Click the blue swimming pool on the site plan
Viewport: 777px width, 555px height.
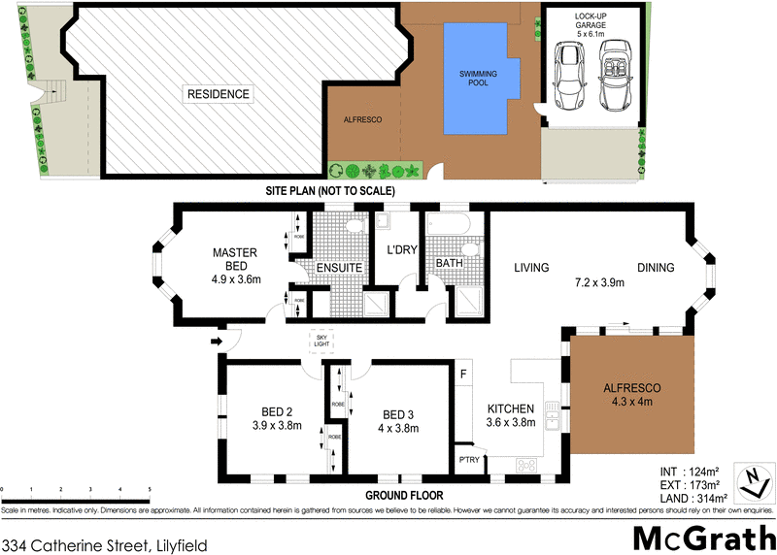(x=476, y=78)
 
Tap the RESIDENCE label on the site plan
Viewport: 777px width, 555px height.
(x=219, y=94)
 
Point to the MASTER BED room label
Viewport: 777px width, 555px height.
(x=234, y=260)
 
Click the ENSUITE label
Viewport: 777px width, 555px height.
(x=338, y=267)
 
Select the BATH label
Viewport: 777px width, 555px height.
(x=449, y=263)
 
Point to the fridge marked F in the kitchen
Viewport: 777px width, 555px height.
(x=464, y=374)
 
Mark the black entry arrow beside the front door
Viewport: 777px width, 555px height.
(x=216, y=341)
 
